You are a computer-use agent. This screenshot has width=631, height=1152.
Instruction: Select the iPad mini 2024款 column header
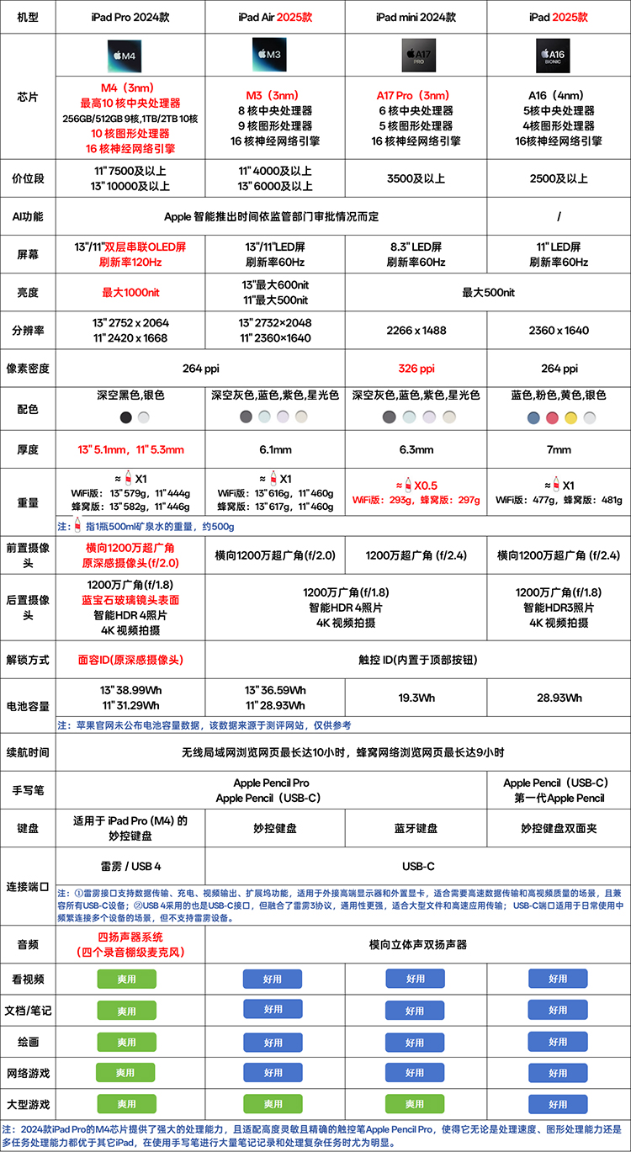pos(416,17)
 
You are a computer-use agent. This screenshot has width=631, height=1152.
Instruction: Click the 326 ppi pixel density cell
pos(416,369)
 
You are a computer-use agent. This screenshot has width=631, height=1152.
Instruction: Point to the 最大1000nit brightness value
pos(130,293)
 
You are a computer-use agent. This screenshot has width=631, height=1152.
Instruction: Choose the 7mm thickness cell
pos(559,449)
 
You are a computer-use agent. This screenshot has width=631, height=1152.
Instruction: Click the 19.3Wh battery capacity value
pos(416,698)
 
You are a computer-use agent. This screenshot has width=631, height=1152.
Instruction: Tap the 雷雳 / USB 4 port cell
pos(130,866)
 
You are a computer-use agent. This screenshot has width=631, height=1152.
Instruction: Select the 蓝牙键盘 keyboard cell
pos(416,828)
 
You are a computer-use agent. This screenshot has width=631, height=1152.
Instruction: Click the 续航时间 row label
pos(28,751)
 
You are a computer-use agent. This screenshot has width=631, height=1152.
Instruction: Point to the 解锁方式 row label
pos(28,661)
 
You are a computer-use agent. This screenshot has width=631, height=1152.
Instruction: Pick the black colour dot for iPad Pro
pos(125,417)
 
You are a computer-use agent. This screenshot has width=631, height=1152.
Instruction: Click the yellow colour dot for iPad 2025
pos(570,417)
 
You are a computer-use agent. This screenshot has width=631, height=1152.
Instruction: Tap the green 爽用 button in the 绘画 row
pos(126,1042)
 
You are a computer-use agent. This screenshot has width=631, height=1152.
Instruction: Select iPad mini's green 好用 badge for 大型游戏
pos(416,1103)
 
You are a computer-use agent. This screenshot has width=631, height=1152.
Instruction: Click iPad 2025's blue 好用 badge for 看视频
pos(559,979)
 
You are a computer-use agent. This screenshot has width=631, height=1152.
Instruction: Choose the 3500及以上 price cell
pos(416,178)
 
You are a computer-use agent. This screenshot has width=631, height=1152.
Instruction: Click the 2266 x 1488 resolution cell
pos(416,331)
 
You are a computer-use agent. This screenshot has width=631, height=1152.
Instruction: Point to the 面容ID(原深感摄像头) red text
pos(130,661)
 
